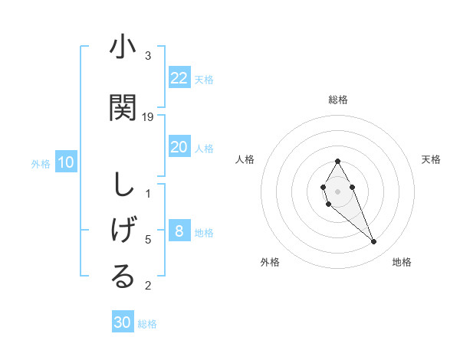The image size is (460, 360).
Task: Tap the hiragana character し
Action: tap(122, 185)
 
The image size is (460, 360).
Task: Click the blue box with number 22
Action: tap(179, 78)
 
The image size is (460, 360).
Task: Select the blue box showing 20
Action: tap(179, 147)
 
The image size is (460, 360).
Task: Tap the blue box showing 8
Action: tap(179, 231)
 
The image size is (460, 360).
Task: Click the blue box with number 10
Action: tap(66, 162)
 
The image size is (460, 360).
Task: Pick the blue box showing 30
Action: tap(123, 322)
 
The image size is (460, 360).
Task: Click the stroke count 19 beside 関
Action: tap(149, 117)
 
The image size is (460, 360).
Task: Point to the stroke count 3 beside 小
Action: tap(148, 56)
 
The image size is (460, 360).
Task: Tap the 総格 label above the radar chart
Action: tap(338, 100)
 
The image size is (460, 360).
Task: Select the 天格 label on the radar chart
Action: tap(431, 159)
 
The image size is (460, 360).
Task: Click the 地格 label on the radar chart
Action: tap(402, 262)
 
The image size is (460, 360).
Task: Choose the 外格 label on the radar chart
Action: tap(270, 262)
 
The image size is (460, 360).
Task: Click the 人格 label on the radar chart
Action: tap(245, 159)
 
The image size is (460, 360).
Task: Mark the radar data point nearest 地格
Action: tap(374, 242)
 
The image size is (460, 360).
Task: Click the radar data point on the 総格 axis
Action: tap(338, 161)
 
